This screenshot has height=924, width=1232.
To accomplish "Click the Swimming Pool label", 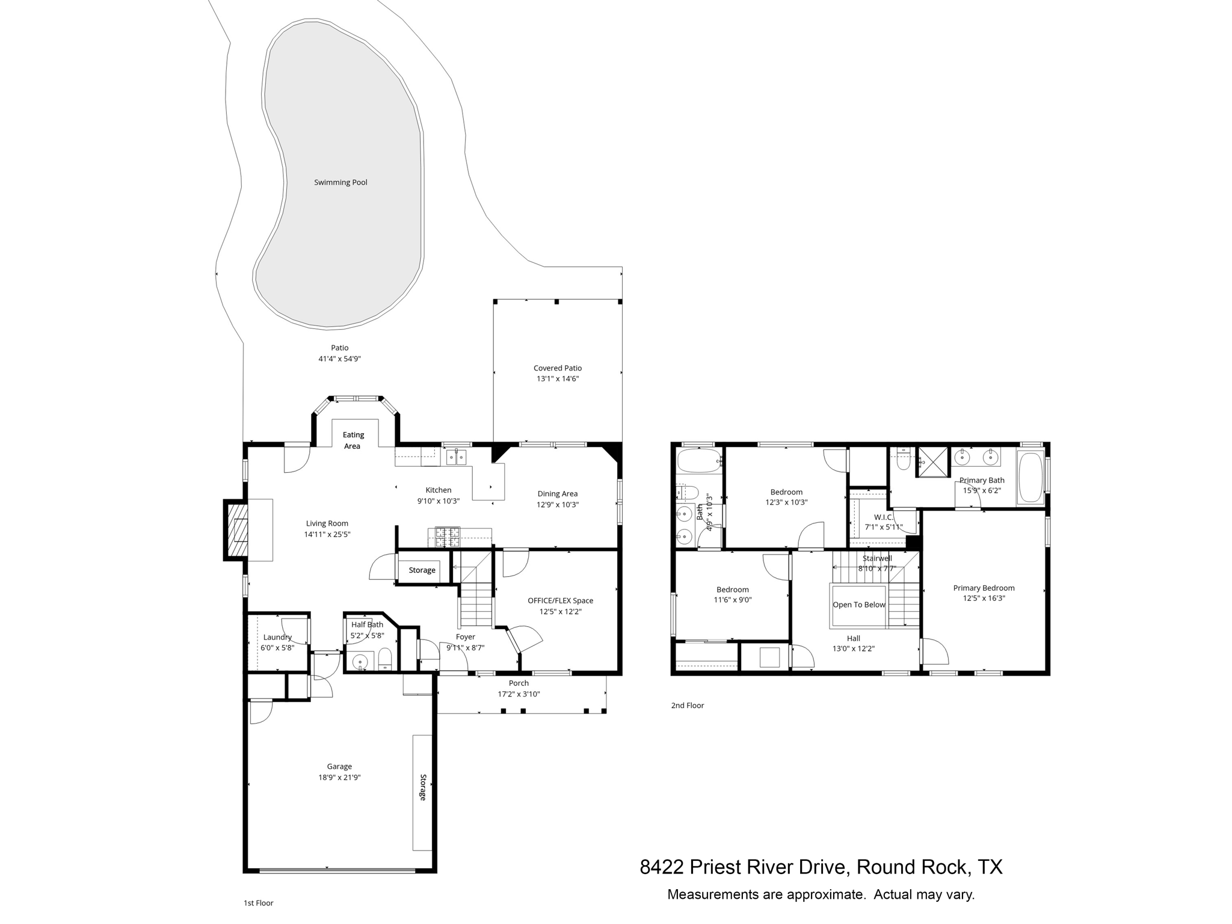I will (x=340, y=182).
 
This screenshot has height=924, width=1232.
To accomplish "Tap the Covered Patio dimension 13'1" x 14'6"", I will (x=557, y=379).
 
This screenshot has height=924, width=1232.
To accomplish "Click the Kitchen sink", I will (x=456, y=457).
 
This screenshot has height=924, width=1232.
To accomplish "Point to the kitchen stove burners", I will (x=447, y=536).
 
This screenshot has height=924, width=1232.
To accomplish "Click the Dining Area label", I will (x=557, y=494).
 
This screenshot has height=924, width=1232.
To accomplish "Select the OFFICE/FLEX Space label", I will (x=560, y=600).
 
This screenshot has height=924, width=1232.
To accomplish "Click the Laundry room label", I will (x=277, y=637).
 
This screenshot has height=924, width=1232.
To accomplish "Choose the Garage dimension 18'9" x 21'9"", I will (x=339, y=777).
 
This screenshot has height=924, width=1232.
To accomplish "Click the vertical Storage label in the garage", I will (x=422, y=787).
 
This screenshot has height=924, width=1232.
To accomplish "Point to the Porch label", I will (x=519, y=683).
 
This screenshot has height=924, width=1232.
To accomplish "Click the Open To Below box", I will (x=858, y=605).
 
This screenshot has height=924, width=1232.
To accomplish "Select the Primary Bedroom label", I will (x=984, y=588).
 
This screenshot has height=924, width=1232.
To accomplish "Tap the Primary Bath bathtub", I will (x=1030, y=478).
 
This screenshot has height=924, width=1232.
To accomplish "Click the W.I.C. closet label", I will (x=883, y=517).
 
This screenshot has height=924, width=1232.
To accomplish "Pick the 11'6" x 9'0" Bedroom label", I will (x=732, y=590).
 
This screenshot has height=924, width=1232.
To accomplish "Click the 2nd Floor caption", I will (x=687, y=705).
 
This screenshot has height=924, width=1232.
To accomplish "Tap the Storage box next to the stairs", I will (x=422, y=570).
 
